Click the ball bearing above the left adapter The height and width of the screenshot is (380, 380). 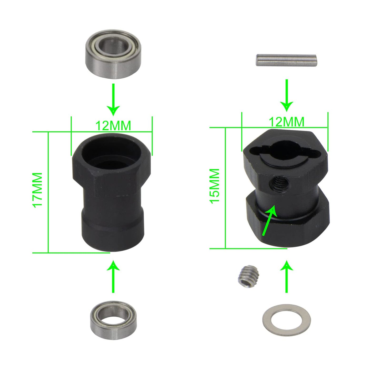[x=113, y=54]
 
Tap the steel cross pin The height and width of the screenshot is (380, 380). [x=286, y=60]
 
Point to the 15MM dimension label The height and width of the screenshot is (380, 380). [x=214, y=186]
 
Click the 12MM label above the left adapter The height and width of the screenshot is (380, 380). [x=113, y=125]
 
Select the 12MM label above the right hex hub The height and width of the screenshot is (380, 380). [x=286, y=122]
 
